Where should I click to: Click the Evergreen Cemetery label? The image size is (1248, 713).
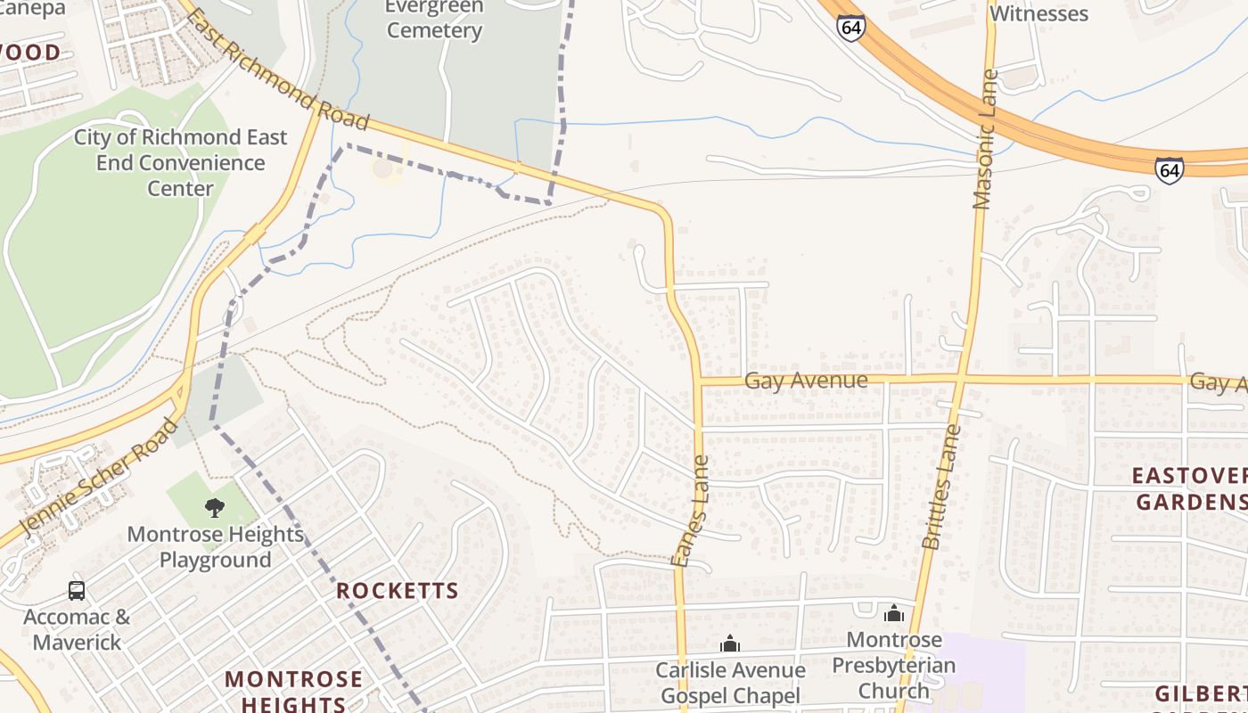[434, 19]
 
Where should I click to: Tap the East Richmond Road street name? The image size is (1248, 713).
[278, 69]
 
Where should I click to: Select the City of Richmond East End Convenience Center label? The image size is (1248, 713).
[180, 163]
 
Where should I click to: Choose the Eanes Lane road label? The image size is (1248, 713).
[692, 511]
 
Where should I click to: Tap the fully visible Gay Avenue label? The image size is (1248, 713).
[806, 381]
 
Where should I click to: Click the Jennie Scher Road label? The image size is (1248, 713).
[99, 477]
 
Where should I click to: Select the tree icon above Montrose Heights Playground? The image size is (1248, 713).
[214, 508]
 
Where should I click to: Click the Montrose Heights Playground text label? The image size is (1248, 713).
[215, 547]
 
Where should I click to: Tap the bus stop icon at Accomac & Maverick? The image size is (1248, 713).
[77, 590]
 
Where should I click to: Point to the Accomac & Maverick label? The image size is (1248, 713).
[77, 628]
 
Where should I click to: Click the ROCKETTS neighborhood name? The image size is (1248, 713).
[398, 591]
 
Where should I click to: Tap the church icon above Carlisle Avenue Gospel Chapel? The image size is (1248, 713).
[730, 643]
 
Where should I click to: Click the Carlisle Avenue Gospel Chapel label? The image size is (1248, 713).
[730, 683]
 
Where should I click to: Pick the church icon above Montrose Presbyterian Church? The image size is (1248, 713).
[894, 613]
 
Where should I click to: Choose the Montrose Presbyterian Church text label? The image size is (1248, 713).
[894, 665]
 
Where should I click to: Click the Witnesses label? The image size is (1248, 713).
[1039, 13]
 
